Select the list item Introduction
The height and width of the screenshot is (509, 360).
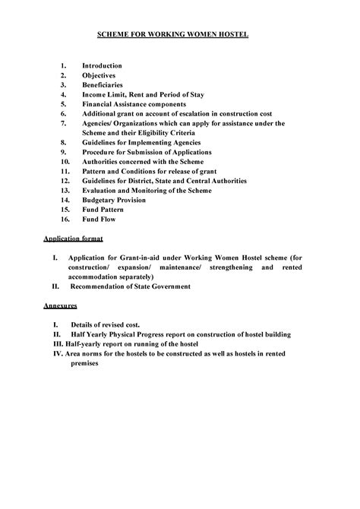104,67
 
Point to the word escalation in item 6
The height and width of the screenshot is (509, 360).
189,112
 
